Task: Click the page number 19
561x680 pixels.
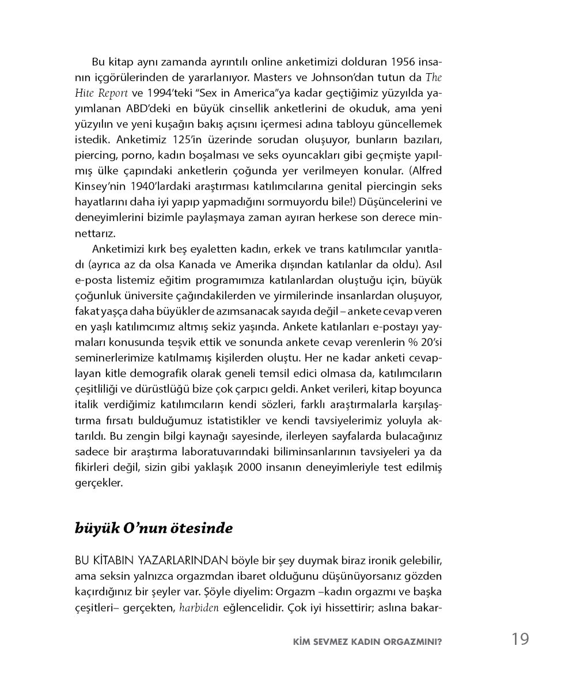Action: click(x=519, y=639)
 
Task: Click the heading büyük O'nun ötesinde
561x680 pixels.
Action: click(x=154, y=529)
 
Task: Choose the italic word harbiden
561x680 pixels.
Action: click(x=199, y=607)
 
